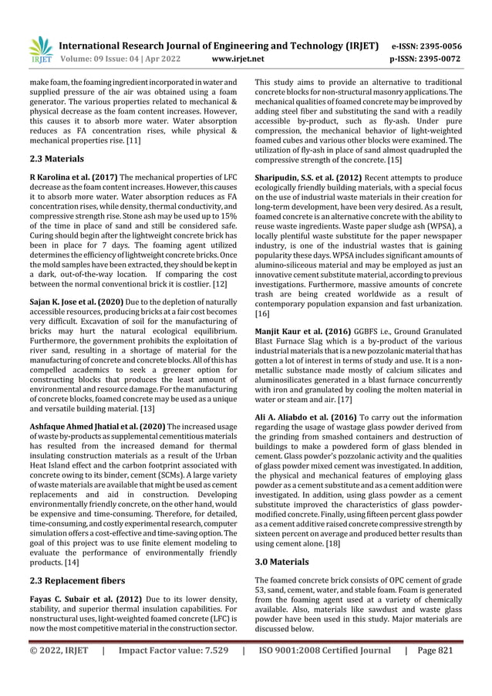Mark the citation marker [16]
tap(263, 315)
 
